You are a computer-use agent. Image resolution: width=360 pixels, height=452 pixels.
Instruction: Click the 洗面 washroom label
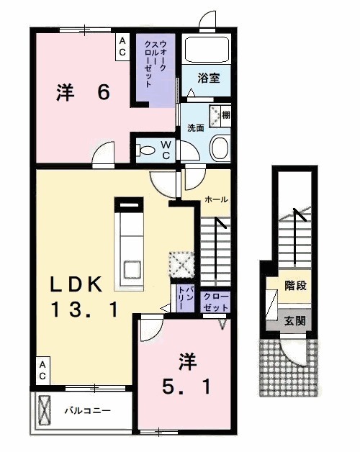(x=196, y=127)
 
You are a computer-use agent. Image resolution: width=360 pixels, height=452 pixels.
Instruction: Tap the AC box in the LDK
(x=42, y=370)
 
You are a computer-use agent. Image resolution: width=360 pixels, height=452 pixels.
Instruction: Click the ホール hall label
(x=216, y=199)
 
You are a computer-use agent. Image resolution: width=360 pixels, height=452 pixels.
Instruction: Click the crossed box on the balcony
(x=45, y=411)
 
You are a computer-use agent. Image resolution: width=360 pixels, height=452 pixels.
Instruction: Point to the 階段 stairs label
(x=296, y=285)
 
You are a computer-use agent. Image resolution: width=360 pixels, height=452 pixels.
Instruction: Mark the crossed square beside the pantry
(x=180, y=263)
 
